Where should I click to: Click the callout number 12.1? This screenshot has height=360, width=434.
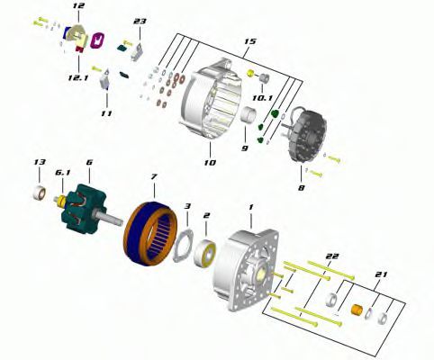pos(78,78)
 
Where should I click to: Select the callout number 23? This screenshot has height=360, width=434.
pos(140,22)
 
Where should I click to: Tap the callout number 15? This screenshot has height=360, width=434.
pos(249,41)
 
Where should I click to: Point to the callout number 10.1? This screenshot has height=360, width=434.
pos(262,98)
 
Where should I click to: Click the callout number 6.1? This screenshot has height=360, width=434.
pos(62,173)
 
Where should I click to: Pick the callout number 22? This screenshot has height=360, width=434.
pos(332,256)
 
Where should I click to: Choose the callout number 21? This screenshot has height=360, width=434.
pos(381,274)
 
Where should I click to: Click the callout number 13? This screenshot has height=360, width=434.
pos(40,162)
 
